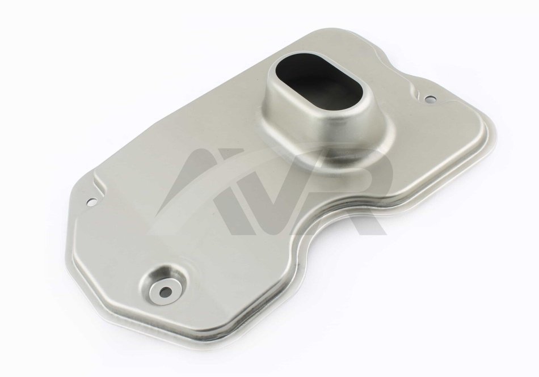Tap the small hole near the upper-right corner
click(x=429, y=100)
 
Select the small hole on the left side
click(x=92, y=202)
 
